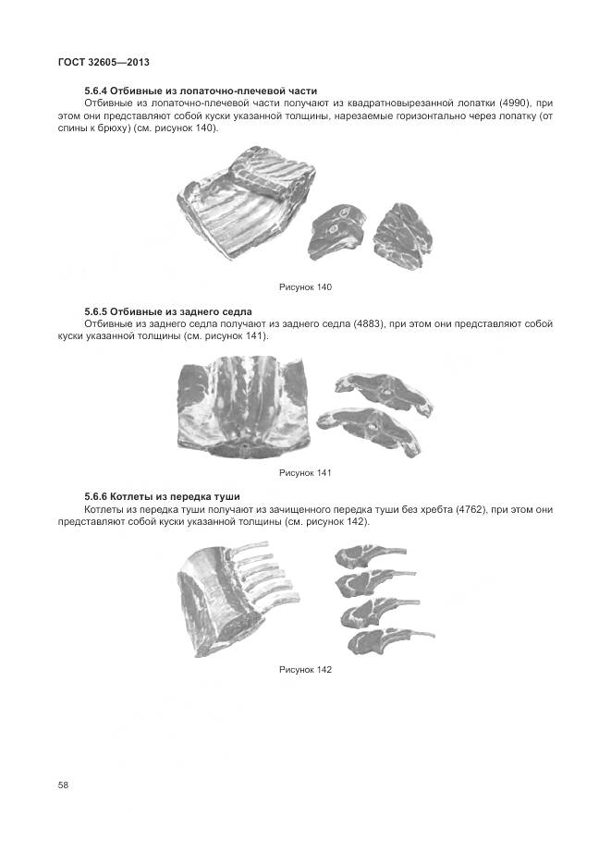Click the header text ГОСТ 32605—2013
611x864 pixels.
coord(104,62)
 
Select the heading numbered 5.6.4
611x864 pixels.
coord(201,91)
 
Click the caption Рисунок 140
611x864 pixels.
coord(305,287)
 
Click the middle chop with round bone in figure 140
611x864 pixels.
coord(337,231)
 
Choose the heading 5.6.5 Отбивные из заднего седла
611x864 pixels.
coord(168,312)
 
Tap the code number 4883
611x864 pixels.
coord(369,324)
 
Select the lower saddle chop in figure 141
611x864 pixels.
coord(369,430)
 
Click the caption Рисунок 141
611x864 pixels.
coord(305,473)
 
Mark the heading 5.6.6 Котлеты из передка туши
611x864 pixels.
coord(162,497)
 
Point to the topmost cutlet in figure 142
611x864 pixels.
coord(369,554)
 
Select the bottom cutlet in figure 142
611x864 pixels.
coord(388,640)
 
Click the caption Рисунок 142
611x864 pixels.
coord(305,670)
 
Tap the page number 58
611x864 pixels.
coord(63,785)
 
